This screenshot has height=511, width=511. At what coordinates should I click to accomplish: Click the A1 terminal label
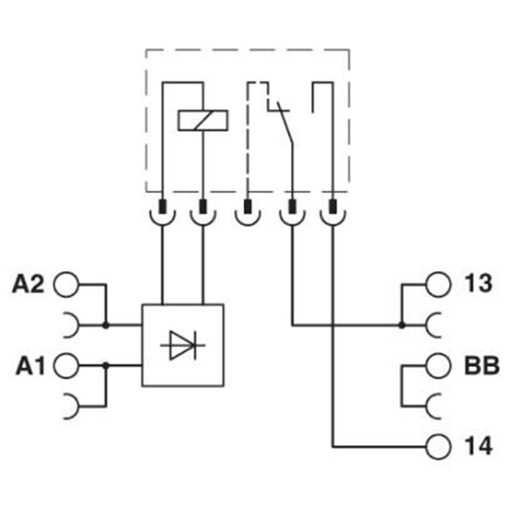click(x=28, y=366)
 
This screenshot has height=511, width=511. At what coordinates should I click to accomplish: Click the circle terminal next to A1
click(x=65, y=366)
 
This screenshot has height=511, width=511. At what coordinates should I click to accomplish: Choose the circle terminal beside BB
click(x=438, y=366)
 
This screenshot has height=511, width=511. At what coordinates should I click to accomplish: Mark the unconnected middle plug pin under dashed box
click(x=247, y=207)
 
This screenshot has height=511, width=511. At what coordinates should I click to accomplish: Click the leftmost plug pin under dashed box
click(x=163, y=207)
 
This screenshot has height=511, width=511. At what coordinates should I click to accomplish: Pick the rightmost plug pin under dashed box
click(x=333, y=207)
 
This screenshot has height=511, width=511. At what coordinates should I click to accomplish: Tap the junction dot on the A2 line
click(x=105, y=325)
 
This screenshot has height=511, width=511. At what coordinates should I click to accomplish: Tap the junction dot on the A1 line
click(x=105, y=366)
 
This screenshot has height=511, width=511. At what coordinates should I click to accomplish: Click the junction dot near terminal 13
click(x=402, y=325)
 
